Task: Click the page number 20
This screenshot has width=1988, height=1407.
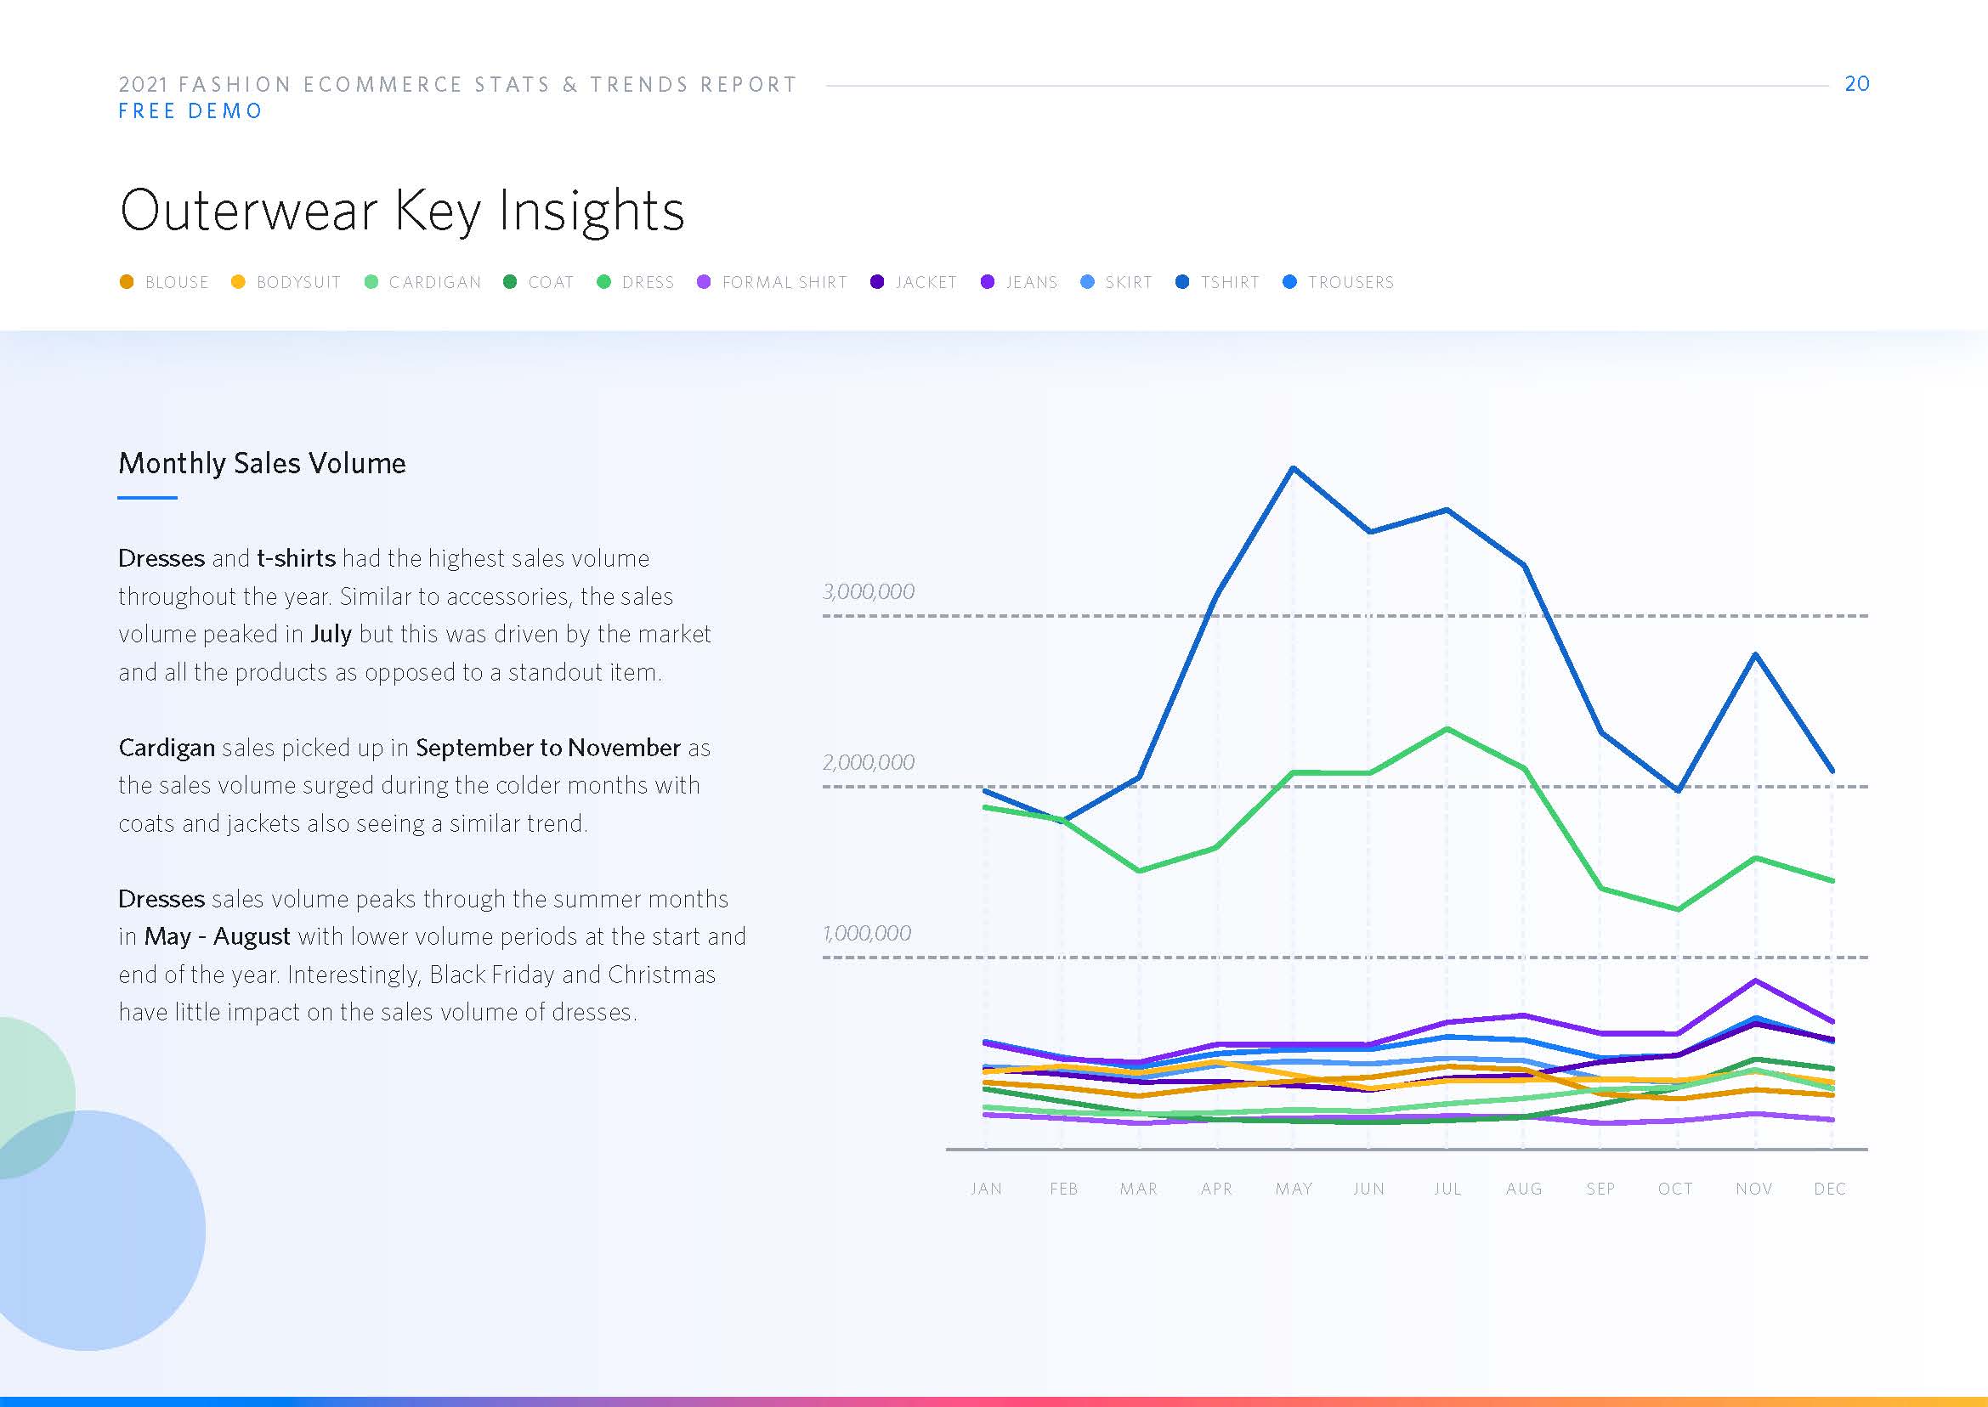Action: pos(1856,84)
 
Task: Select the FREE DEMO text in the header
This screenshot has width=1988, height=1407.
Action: pos(190,112)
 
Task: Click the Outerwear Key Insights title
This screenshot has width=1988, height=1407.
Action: pos(402,211)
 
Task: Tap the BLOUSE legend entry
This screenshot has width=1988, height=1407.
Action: pos(165,282)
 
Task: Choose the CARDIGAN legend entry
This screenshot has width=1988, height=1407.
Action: pos(423,282)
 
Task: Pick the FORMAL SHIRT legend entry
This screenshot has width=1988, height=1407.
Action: pos(772,282)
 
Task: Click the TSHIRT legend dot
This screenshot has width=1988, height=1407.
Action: pos(1182,282)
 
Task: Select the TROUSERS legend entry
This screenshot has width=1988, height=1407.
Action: pos(1338,282)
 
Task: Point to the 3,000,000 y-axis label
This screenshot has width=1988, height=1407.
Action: pos(869,591)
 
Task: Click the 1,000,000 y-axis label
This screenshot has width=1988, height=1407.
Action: pos(867,934)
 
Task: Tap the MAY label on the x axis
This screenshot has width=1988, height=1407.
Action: pos(1293,1189)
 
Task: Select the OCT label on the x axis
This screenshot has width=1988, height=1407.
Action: pos(1675,1189)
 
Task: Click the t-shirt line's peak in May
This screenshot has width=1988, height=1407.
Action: pos(1293,469)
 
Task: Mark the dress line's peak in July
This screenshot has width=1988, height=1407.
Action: pos(1447,730)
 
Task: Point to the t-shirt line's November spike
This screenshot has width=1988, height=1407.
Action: pos(1756,655)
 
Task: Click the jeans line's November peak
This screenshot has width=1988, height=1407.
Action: pos(1756,980)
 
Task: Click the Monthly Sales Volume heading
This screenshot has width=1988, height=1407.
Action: pos(262,464)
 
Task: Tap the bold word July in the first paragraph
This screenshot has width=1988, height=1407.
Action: pos(331,634)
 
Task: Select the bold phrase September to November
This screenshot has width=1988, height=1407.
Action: pos(547,748)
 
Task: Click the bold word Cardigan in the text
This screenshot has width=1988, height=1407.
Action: pos(167,748)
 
